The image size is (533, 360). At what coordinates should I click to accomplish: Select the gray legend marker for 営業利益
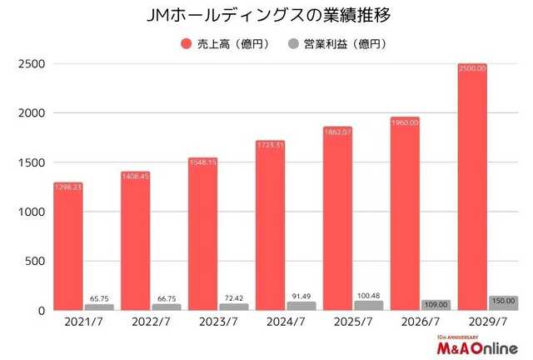click(293, 42)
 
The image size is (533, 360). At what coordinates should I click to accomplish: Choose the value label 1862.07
click(336, 132)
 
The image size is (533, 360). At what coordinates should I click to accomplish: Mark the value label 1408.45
click(135, 177)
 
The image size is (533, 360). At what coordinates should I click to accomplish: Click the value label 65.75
click(99, 297)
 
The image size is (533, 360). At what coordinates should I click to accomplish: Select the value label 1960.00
click(402, 122)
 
